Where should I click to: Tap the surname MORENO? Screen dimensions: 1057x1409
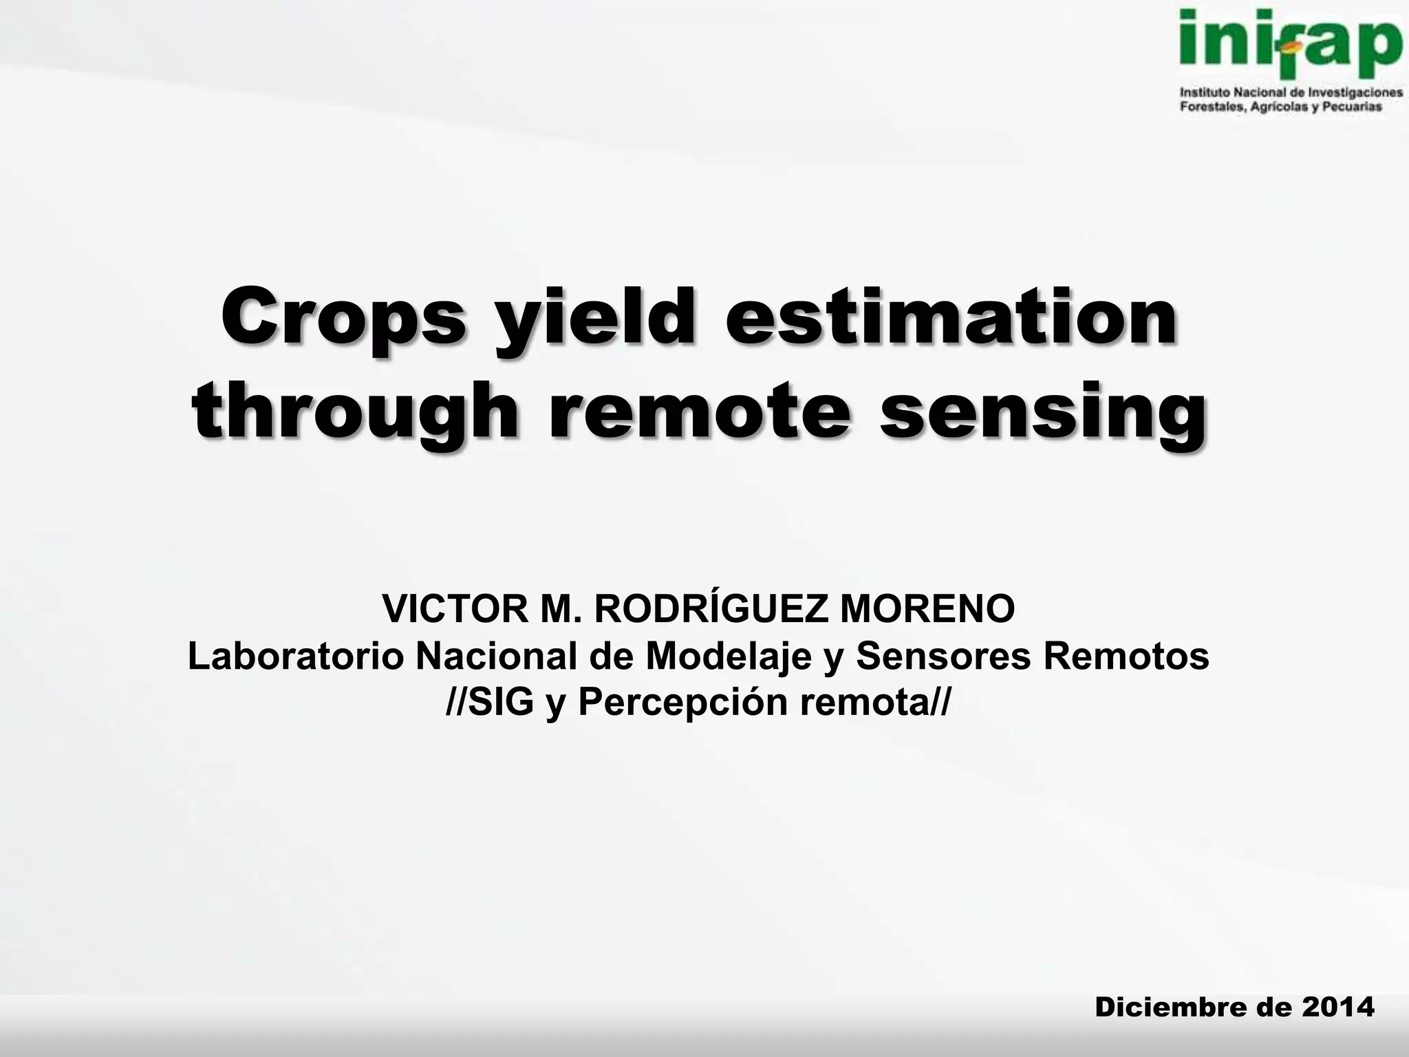pyautogui.click(x=927, y=608)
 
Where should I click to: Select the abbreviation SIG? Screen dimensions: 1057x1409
pyautogui.click(x=501, y=703)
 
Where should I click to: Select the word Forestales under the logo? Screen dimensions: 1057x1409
pyautogui.click(x=1212, y=107)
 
